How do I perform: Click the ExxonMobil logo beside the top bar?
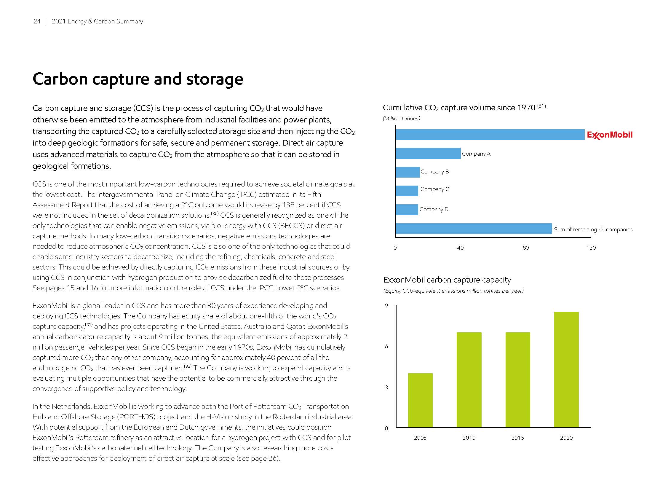coord(609,135)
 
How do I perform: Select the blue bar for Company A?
coord(428,154)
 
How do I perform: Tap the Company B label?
coord(434,172)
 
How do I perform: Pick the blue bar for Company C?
coord(407,191)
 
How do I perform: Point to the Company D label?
coord(434,209)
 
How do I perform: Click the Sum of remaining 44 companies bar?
coord(474,228)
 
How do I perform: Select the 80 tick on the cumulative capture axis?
coord(525,248)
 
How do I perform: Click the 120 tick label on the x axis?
coord(591,248)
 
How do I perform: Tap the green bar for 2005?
coord(420,400)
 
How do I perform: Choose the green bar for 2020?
coord(566,370)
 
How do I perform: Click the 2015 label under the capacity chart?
coord(517,438)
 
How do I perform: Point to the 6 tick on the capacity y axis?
coord(386,347)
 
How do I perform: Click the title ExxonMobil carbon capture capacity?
coord(447,280)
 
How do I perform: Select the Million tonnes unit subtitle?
coord(401,119)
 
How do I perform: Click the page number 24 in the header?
coord(37,22)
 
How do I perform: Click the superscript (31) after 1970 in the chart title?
coord(541,106)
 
